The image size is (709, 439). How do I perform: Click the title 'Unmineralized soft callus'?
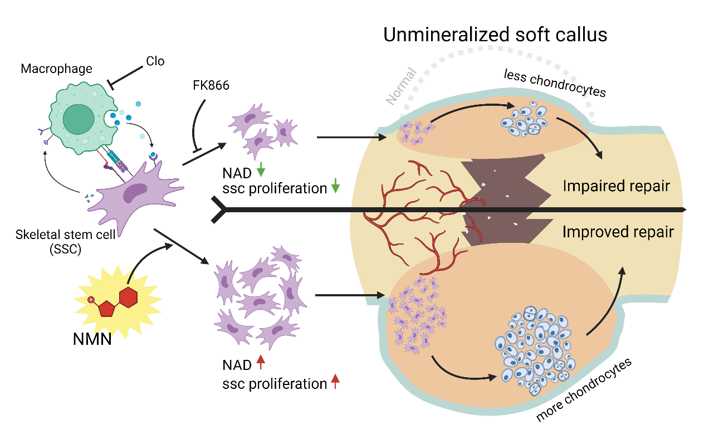coord(495,35)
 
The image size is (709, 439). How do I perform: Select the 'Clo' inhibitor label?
coord(155,61)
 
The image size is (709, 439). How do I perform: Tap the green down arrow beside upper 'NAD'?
coord(261,169)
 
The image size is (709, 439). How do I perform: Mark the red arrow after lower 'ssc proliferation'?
coord(335,382)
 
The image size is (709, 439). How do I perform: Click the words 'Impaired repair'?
coord(617,186)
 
